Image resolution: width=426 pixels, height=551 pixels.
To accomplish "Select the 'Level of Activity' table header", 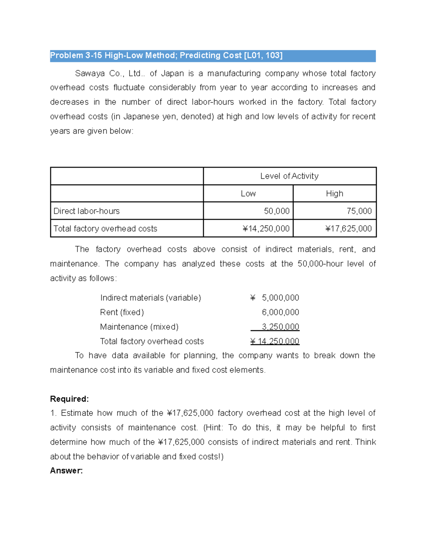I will point(289,176).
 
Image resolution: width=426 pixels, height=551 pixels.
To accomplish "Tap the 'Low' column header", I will point(248,194).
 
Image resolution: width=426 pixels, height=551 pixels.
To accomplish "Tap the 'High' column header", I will point(334,194).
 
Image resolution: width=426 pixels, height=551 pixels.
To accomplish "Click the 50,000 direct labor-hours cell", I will point(277,211).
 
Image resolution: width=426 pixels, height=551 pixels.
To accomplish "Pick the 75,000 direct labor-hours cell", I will point(359,211).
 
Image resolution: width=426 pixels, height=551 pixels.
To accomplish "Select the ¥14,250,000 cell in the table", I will point(266,228).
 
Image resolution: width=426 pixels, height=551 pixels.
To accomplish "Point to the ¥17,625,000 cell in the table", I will point(348,228).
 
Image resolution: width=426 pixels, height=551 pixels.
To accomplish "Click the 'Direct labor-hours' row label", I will point(86,211).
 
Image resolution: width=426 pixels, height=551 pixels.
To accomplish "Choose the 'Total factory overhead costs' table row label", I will point(105,228).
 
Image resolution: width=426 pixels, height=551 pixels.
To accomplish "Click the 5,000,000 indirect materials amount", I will point(280,298).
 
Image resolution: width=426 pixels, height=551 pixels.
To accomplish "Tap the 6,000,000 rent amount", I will point(280,312).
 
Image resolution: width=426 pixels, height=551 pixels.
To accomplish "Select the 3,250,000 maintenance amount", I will point(280,327).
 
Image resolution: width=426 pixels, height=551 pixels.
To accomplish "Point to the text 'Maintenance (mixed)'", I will point(139,327).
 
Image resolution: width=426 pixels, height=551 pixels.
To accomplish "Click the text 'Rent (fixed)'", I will point(122,312).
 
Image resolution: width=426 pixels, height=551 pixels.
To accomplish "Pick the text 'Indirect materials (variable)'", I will point(151,298).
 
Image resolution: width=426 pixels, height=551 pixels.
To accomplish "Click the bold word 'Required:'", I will point(69,399).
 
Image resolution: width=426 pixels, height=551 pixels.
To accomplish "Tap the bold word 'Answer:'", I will point(66,471).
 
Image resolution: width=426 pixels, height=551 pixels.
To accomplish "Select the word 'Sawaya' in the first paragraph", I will point(89,73).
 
